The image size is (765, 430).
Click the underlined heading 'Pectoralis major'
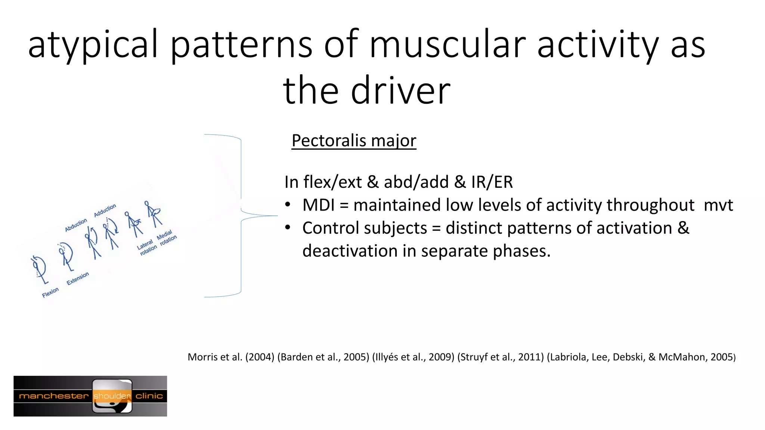[x=353, y=141]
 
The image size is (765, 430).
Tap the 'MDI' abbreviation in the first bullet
[x=318, y=205]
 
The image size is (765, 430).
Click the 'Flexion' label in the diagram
[x=50, y=292]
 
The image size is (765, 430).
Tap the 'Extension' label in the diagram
[x=78, y=278]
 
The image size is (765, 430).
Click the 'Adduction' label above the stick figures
[x=105, y=210]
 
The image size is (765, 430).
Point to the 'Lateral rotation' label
[x=146, y=247]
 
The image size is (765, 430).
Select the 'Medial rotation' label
[x=167, y=238]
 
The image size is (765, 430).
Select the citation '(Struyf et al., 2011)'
[x=501, y=357]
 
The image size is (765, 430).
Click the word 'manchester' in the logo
[x=53, y=396]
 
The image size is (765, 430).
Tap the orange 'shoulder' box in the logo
[x=112, y=396]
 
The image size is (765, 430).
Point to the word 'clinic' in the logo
[x=149, y=396]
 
